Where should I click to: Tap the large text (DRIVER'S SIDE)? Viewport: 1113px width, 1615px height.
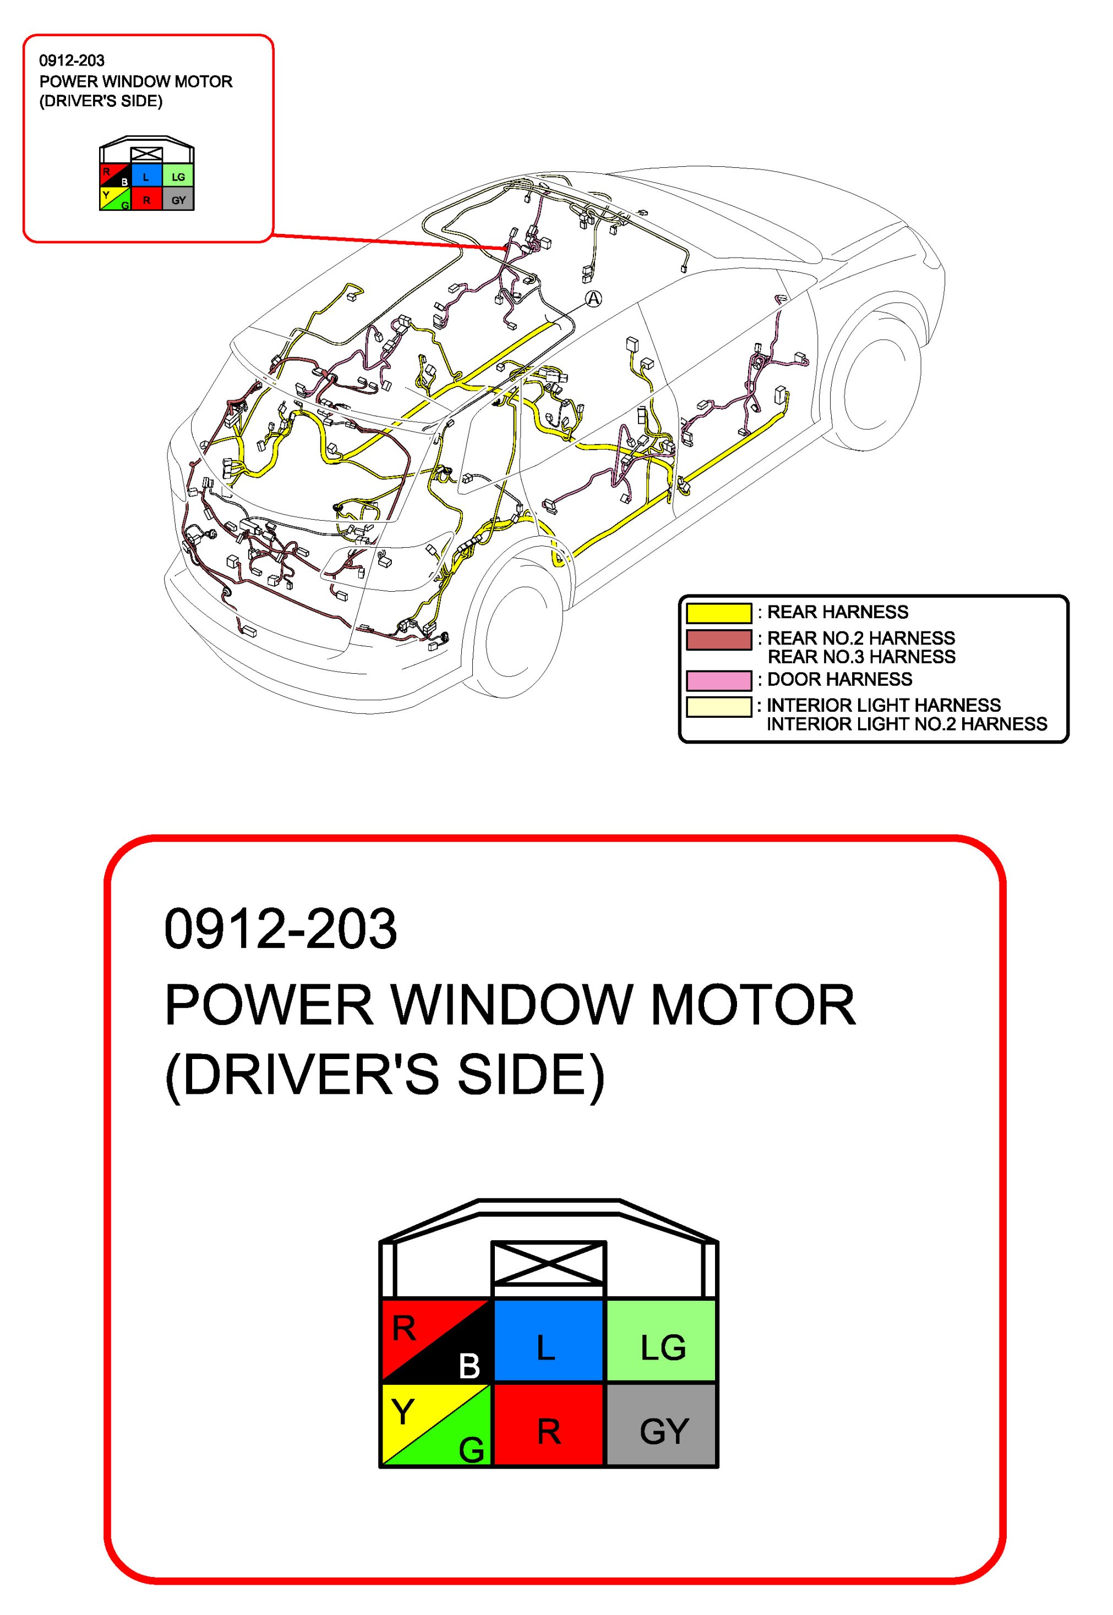pyautogui.click(x=384, y=1074)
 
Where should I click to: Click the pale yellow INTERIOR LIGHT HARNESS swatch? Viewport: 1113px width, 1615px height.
pyautogui.click(x=718, y=706)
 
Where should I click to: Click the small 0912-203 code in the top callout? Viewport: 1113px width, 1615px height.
pyautogui.click(x=72, y=61)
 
